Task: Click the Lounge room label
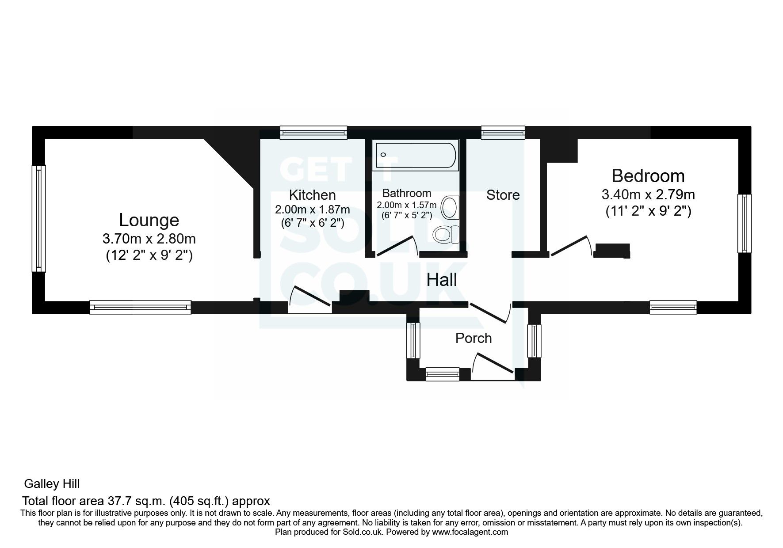click(x=149, y=220)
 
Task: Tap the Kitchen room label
click(x=312, y=195)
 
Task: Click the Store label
click(x=503, y=195)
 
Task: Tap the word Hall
click(x=442, y=280)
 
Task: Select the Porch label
click(x=474, y=338)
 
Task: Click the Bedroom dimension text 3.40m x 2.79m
click(x=648, y=194)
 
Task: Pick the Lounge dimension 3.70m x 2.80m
click(x=149, y=239)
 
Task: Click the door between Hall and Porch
click(x=490, y=312)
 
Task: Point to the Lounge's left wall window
click(x=39, y=218)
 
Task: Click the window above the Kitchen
click(x=313, y=132)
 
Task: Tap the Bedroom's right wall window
click(x=745, y=223)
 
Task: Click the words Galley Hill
click(x=52, y=484)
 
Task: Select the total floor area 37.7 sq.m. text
click(x=146, y=501)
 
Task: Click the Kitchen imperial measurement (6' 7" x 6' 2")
click(x=312, y=223)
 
